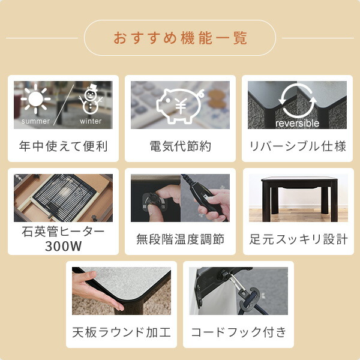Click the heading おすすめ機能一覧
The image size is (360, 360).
pyautogui.click(x=180, y=38)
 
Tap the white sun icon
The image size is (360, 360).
pyautogui.click(x=35, y=99)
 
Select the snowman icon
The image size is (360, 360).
pyautogui.click(x=91, y=99)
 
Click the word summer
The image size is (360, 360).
pyautogui.click(x=35, y=121)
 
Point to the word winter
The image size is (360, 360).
pyautogui.click(x=91, y=121)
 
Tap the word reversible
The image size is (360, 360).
pyautogui.click(x=298, y=123)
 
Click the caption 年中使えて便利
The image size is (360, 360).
pyautogui.click(x=63, y=146)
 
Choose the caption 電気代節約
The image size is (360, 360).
pyautogui.click(x=180, y=146)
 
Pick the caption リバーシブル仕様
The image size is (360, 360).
pyautogui.click(x=298, y=146)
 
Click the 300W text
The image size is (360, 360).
pyautogui.click(x=63, y=246)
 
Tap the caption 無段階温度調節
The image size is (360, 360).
pyautogui.click(x=180, y=239)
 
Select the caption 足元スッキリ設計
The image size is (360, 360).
pyautogui.click(x=298, y=239)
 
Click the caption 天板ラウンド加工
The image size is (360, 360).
pyautogui.click(x=121, y=332)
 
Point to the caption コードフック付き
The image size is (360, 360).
pyautogui.click(x=239, y=332)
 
